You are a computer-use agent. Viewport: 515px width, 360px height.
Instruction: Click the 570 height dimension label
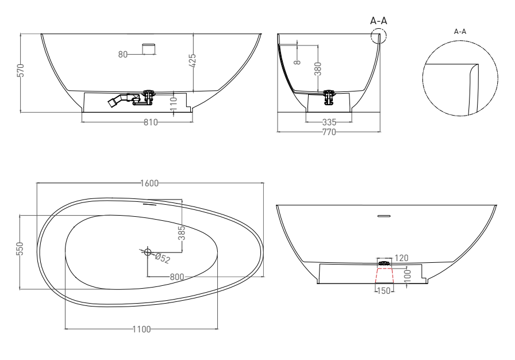[20, 70]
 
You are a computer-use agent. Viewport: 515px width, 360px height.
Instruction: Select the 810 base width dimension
[151, 122]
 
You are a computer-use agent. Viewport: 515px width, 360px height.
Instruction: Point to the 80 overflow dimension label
[123, 55]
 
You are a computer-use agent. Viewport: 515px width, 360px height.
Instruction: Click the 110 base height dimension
[174, 104]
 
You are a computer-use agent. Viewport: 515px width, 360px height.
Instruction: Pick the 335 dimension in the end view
[329, 122]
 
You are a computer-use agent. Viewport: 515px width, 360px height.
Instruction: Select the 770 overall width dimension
[329, 132]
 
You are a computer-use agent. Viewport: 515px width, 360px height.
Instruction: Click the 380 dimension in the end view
[318, 69]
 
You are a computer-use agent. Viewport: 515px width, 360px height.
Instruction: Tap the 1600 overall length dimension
[149, 183]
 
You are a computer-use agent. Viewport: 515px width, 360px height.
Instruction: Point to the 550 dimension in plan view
[20, 248]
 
